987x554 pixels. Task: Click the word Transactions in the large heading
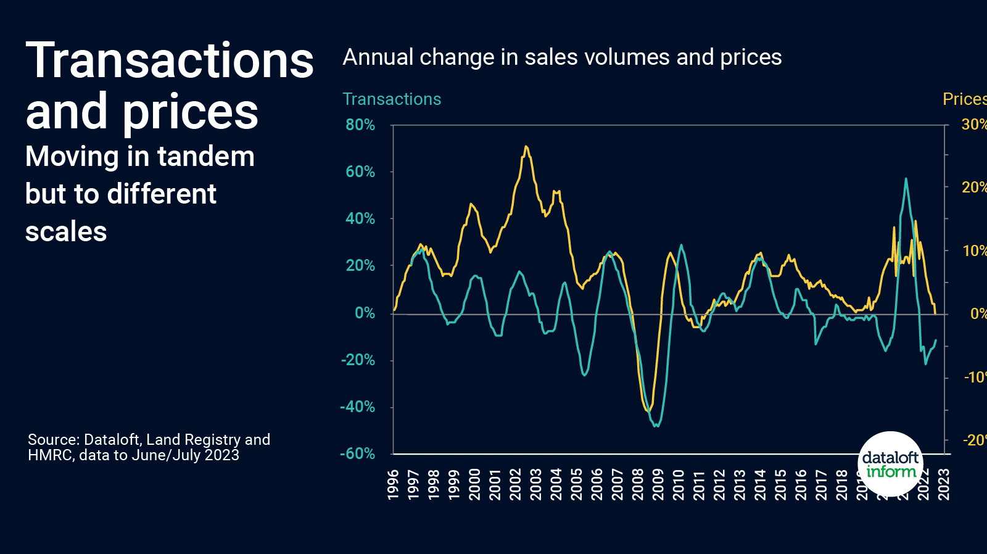170,61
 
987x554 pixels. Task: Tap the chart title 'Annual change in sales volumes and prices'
561,57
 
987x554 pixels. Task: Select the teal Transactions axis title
392,99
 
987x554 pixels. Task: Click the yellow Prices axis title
964,99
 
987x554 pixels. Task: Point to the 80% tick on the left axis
360,125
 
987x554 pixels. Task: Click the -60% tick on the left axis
358,453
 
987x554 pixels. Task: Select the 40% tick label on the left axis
360,218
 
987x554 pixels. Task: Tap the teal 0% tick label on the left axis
365,313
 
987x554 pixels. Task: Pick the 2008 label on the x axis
637,484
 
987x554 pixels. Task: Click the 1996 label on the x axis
393,484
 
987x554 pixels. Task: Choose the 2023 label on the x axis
943,484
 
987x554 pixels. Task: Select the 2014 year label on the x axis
759,484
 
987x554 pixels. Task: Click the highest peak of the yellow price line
526,147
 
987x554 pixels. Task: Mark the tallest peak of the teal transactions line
906,179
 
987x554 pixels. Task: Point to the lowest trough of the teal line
656,426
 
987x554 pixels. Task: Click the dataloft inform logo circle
890,464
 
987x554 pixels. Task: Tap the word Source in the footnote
53,440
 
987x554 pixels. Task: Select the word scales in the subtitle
66,232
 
